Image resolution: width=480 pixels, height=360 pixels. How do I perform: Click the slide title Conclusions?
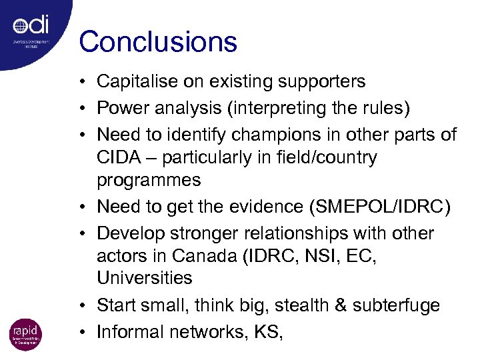[x=158, y=41]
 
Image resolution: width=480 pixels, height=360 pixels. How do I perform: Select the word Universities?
[x=145, y=279]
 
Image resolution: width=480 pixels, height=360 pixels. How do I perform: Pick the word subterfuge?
[x=399, y=305]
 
